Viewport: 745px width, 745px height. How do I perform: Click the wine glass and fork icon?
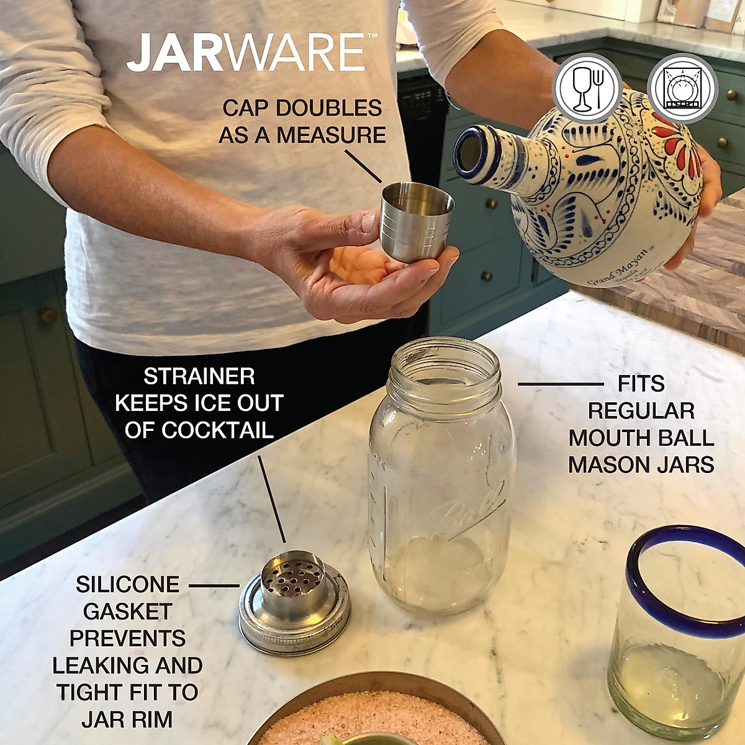(x=587, y=88)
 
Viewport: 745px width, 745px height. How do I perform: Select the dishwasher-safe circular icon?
(x=682, y=88)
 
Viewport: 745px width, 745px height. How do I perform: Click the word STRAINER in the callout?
(x=199, y=376)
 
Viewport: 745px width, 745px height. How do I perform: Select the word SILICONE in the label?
(x=127, y=584)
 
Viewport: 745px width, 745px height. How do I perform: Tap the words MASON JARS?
(x=641, y=464)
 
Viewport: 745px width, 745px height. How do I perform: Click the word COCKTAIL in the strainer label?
(x=199, y=430)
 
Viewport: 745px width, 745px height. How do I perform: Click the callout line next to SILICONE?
(x=214, y=585)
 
